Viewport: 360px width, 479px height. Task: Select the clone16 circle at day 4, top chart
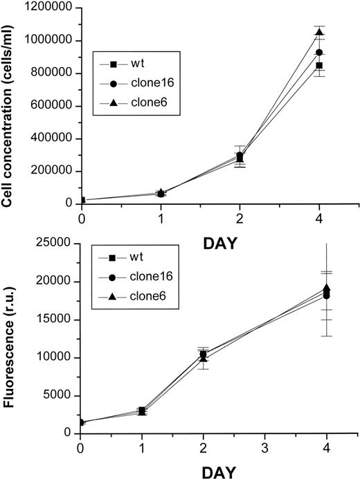319,53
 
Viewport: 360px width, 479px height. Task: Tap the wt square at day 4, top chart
319,66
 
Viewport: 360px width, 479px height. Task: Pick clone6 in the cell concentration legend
145,106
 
